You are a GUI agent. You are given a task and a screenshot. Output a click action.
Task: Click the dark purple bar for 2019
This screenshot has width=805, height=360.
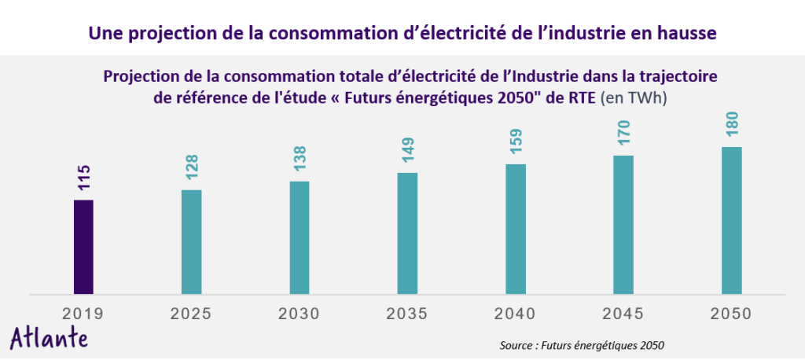(83, 247)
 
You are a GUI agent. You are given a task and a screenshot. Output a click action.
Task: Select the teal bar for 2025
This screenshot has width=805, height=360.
(191, 242)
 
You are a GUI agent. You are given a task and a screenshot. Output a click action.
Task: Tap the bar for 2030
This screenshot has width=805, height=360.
(300, 237)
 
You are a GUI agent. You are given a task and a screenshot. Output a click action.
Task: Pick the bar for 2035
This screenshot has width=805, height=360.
(407, 233)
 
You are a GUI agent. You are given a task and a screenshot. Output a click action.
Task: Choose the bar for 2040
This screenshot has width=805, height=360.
(516, 229)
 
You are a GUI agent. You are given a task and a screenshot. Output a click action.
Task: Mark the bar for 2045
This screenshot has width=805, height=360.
(623, 225)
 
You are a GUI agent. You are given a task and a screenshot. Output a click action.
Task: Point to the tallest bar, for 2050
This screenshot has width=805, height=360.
(731, 220)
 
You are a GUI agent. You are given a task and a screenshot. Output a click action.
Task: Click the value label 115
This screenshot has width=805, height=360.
(84, 178)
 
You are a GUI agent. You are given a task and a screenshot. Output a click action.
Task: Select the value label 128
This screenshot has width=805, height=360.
(192, 168)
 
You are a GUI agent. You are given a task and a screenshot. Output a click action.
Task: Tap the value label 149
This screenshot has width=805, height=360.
(408, 151)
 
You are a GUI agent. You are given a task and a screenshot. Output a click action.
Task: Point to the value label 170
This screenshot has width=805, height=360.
(624, 134)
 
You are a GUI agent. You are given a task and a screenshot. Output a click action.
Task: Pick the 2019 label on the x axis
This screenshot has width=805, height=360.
(83, 314)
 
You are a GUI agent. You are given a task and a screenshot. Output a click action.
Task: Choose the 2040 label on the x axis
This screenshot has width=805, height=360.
(516, 314)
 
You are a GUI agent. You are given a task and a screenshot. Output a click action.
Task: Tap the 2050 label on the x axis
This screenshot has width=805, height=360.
(731, 314)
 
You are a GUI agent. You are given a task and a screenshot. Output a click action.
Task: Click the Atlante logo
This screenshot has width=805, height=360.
(49, 337)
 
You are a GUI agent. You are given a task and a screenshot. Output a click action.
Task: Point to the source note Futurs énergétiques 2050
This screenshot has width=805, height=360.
(583, 345)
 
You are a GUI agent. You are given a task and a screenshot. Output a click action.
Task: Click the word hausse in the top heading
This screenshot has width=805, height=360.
(686, 34)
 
